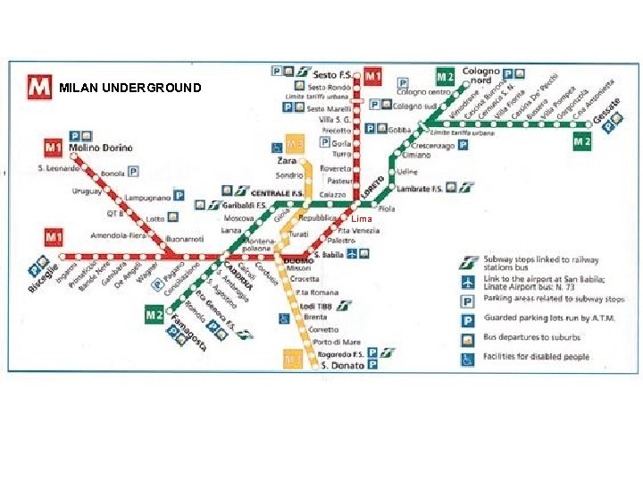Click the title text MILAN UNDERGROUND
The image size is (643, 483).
[130, 89]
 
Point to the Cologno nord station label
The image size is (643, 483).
[481, 75]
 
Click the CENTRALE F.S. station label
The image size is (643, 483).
[277, 192]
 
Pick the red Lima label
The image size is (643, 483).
[361, 219]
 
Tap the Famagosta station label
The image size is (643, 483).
[188, 333]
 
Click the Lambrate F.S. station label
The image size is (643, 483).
[420, 188]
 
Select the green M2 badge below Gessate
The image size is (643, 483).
[582, 141]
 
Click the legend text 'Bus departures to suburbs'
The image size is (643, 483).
[531, 338]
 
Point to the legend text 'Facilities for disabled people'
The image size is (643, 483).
[536, 357]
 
